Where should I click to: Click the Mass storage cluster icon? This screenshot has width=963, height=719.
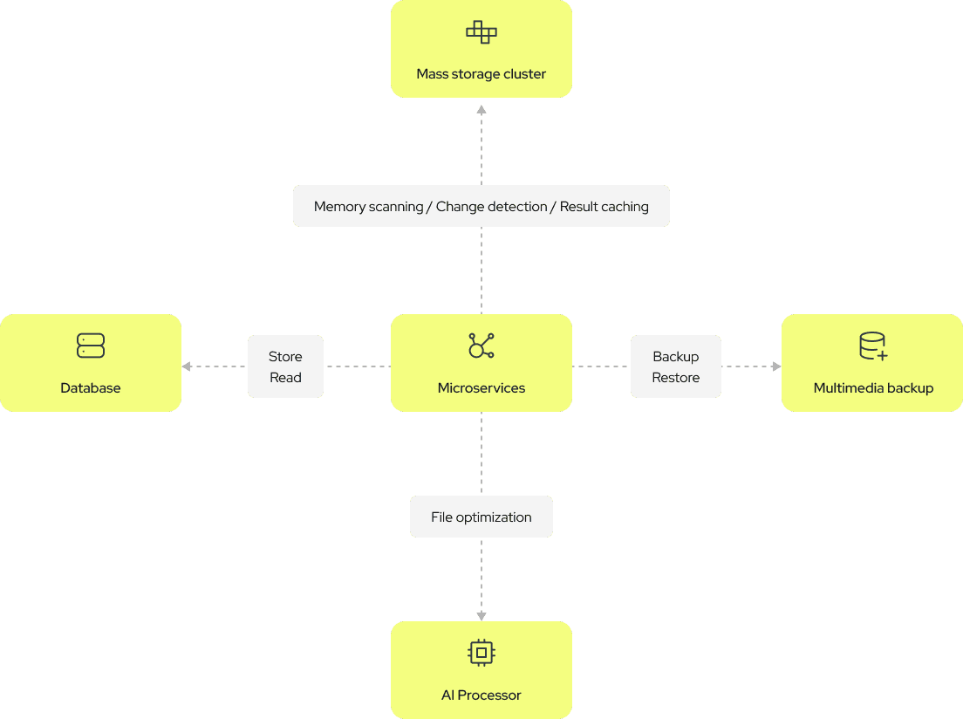pyautogui.click(x=481, y=32)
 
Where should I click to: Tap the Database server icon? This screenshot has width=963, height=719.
pyautogui.click(x=91, y=346)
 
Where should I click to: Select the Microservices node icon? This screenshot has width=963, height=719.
pyautogui.click(x=481, y=346)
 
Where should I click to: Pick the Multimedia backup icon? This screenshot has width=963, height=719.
pyautogui.click(x=873, y=346)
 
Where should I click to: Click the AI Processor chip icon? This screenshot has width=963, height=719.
pyautogui.click(x=481, y=653)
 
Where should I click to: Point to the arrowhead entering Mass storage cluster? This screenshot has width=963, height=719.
pyautogui.click(x=481, y=110)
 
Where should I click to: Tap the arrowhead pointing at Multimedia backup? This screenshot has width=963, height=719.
pyautogui.click(x=776, y=366)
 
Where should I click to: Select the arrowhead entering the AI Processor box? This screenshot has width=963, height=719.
pyautogui.click(x=481, y=616)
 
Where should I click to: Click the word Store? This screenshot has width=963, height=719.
pyautogui.click(x=285, y=357)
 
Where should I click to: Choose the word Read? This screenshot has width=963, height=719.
pyautogui.click(x=285, y=378)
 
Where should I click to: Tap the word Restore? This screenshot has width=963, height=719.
pyautogui.click(x=676, y=378)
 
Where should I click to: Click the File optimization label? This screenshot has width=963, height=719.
pyautogui.click(x=481, y=517)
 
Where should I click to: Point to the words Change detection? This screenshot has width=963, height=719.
pyautogui.click(x=492, y=207)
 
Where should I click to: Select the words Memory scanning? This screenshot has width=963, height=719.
pyautogui.click(x=368, y=207)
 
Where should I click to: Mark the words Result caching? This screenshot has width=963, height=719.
pyautogui.click(x=604, y=207)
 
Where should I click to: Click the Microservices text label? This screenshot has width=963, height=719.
pyautogui.click(x=481, y=388)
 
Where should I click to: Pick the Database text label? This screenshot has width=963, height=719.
pyautogui.click(x=91, y=388)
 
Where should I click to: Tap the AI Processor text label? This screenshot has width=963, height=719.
pyautogui.click(x=481, y=695)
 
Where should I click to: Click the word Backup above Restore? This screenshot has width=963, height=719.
pyautogui.click(x=676, y=357)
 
